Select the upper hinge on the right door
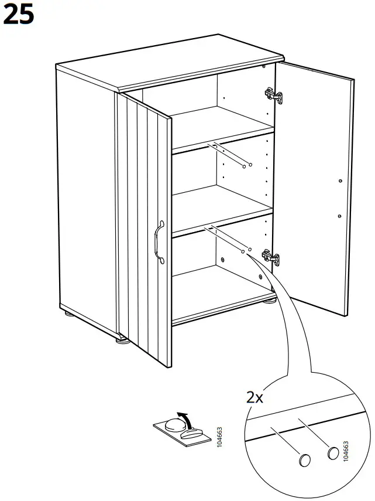[x=272, y=96]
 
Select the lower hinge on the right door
[x=270, y=256]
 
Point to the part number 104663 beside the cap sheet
[x=220, y=437]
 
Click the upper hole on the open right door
[x=340, y=181]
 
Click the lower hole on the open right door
[x=340, y=216]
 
